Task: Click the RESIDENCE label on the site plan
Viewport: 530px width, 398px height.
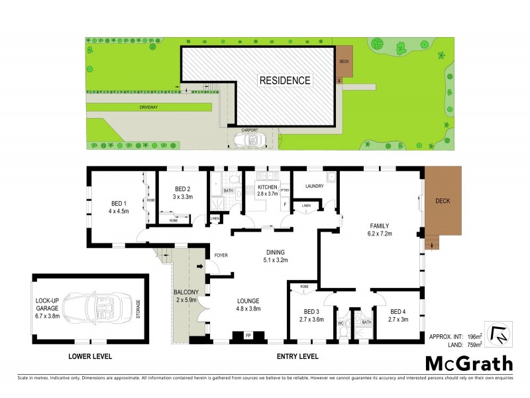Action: [x=284, y=80]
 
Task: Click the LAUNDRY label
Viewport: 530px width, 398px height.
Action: [x=315, y=186]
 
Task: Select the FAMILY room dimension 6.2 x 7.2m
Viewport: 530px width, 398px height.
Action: [x=380, y=234]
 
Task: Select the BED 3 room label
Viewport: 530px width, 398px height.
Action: [x=312, y=311]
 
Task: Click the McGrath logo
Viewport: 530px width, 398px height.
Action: [x=469, y=363]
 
